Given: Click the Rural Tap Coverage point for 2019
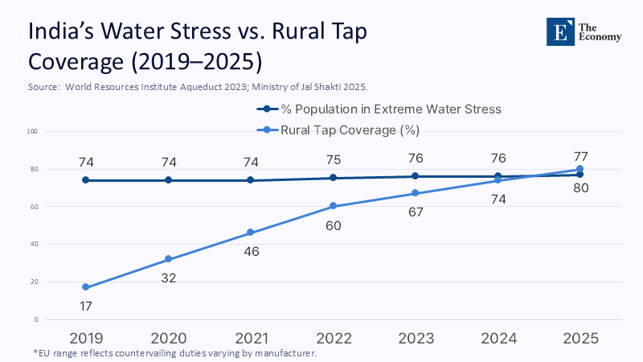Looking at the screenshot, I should click(85, 287).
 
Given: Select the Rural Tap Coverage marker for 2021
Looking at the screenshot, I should click(250, 232).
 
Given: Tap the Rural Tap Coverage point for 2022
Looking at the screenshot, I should click(333, 206).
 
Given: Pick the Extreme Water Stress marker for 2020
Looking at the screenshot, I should click(168, 180).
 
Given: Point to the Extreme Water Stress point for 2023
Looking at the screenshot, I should click(415, 176).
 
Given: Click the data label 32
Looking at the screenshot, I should click(168, 278).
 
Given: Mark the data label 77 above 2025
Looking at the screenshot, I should click(580, 156).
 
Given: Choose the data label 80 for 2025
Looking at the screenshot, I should click(580, 189).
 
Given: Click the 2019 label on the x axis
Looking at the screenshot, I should click(85, 339).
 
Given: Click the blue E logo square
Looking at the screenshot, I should click(560, 31).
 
